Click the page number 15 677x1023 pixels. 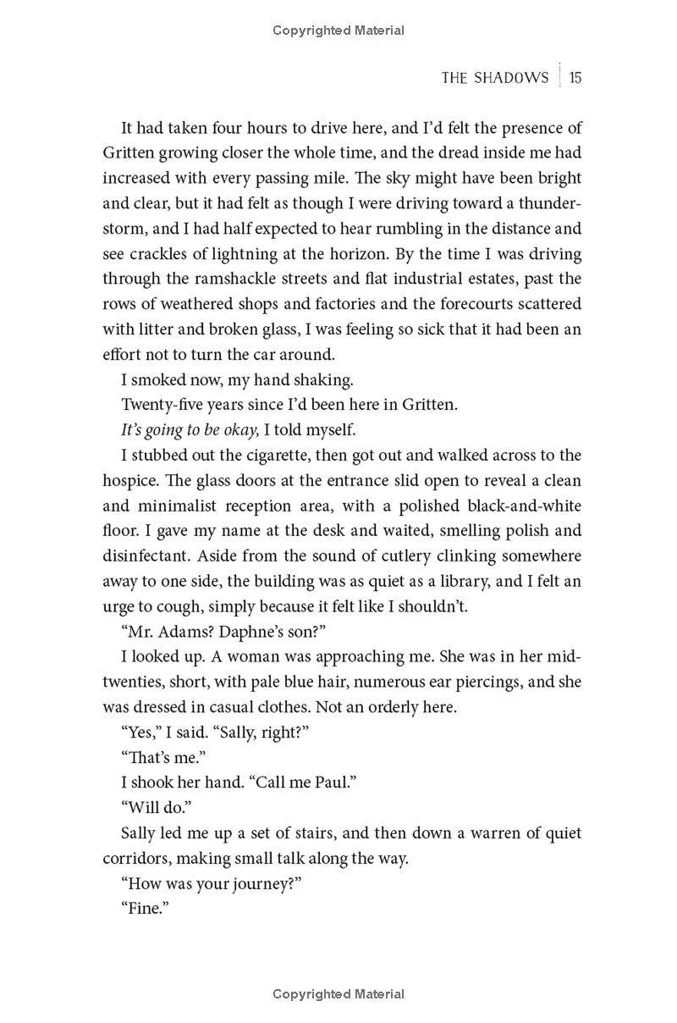pyautogui.click(x=575, y=78)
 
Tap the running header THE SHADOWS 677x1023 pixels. pyautogui.click(x=495, y=78)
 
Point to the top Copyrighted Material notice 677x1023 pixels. pyautogui.click(x=338, y=30)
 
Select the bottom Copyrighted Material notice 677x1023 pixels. pyautogui.click(x=338, y=994)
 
